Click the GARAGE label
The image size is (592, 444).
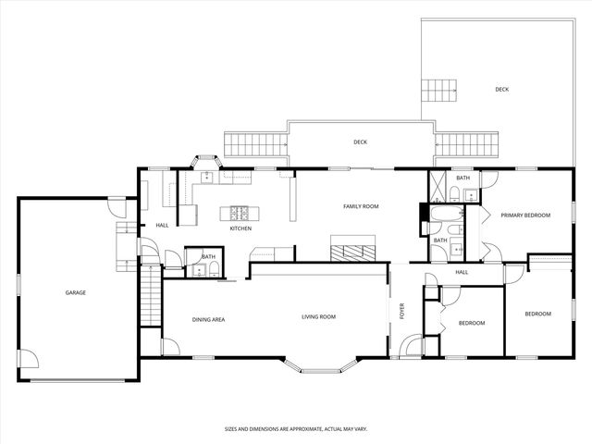(x=75, y=292)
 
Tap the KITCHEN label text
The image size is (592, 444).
(x=240, y=228)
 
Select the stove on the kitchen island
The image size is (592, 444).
(x=240, y=213)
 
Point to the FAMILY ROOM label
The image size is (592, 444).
(x=361, y=206)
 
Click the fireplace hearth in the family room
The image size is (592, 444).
(x=354, y=248)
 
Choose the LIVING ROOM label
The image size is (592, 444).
(x=318, y=317)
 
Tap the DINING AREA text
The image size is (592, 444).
(x=208, y=319)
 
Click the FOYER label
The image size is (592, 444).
(x=402, y=311)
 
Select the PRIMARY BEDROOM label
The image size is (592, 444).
(x=525, y=215)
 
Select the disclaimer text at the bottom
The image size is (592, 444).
(x=295, y=429)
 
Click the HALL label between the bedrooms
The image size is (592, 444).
(x=461, y=272)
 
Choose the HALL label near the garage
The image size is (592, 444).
(x=162, y=225)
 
